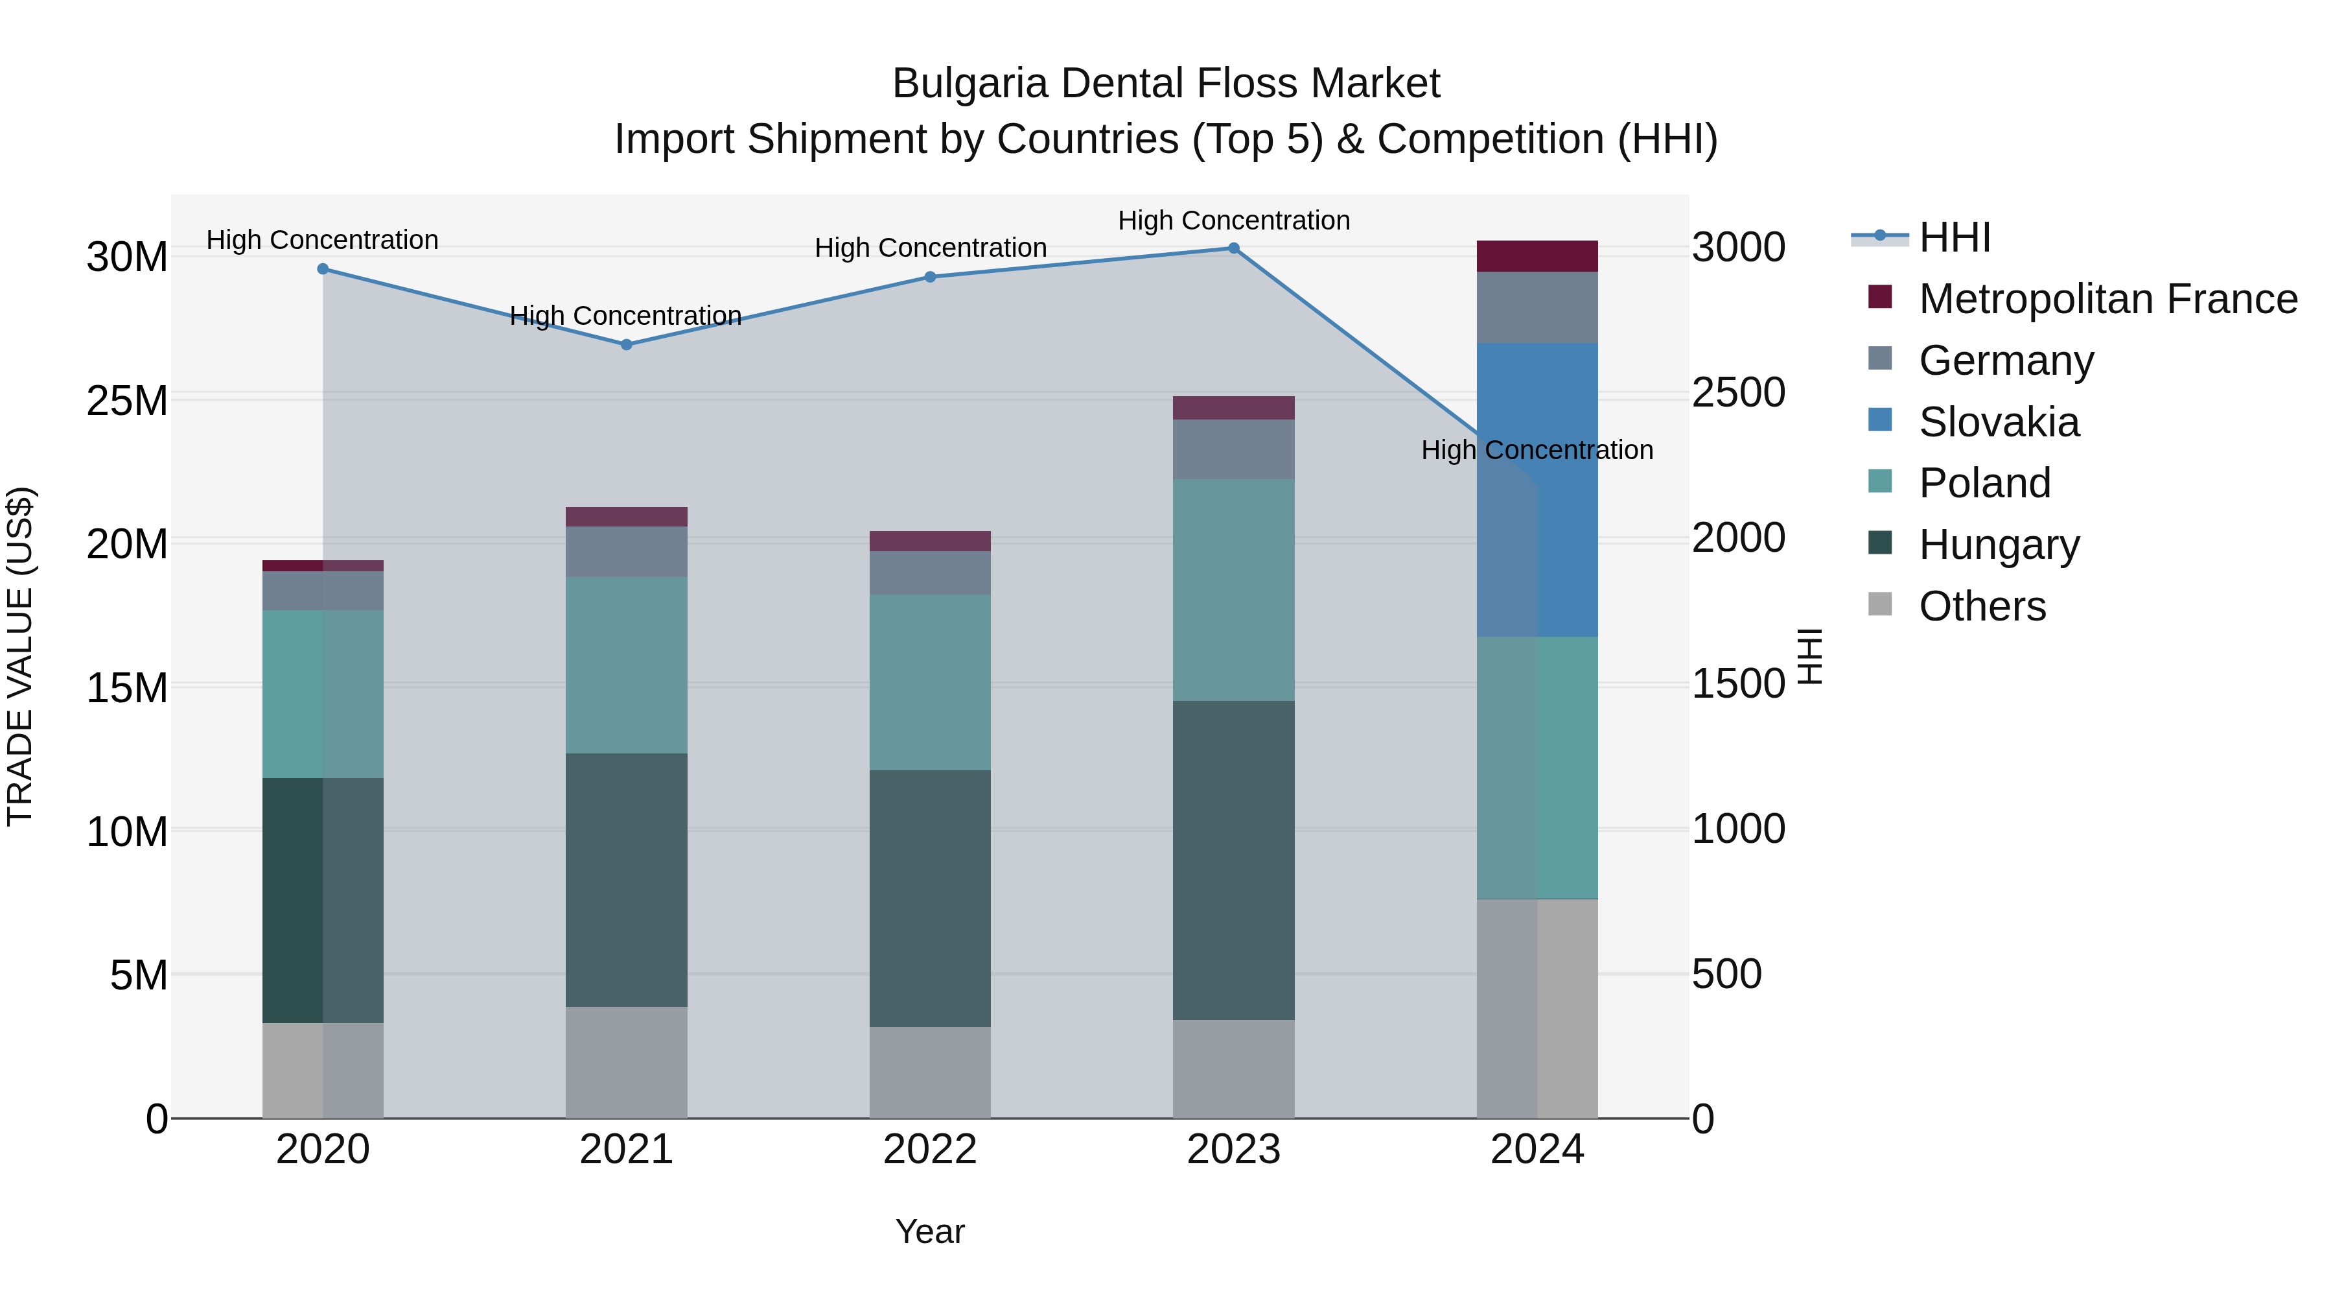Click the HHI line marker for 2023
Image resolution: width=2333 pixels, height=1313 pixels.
pos(1233,248)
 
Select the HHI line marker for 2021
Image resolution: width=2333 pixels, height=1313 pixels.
pos(626,345)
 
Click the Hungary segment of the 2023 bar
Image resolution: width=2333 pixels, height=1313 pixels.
pos(1233,861)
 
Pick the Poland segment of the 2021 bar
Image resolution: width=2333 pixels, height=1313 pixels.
pos(626,665)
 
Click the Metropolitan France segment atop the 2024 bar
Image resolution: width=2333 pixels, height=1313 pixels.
pos(1537,256)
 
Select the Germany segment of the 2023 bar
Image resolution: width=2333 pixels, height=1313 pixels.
pos(1233,449)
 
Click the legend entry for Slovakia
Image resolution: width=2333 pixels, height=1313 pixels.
pos(1998,422)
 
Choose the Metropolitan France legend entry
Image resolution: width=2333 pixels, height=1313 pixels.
pos(2107,299)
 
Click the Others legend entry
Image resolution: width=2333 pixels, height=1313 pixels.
pos(1982,606)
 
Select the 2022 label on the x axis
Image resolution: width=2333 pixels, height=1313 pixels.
pos(930,1150)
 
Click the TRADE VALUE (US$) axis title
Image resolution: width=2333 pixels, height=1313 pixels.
pos(20,656)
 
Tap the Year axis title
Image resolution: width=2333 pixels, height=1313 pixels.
pos(930,1231)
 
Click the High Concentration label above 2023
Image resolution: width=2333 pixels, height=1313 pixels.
pos(1233,220)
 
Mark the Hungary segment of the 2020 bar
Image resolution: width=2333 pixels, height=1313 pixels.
pos(323,901)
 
